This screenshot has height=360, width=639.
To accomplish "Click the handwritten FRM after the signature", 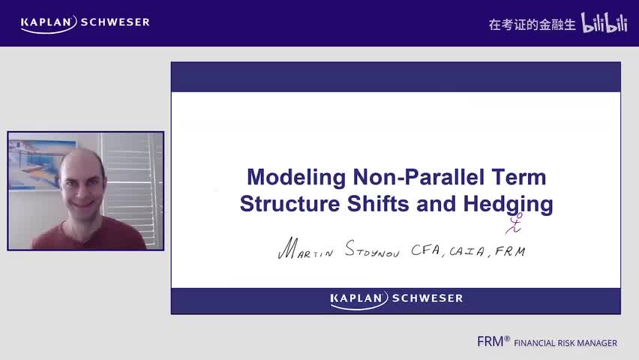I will pyautogui.click(x=509, y=250).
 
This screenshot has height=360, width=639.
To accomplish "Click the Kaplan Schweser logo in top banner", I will pyautogui.click(x=85, y=22).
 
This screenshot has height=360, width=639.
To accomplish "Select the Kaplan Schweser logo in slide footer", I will pyautogui.click(x=396, y=298).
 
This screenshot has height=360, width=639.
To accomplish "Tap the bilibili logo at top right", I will pyautogui.click(x=604, y=23).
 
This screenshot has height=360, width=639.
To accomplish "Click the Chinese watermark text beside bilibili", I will pyautogui.click(x=532, y=24).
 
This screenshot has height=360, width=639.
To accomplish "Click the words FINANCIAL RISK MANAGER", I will pyautogui.click(x=565, y=343).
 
